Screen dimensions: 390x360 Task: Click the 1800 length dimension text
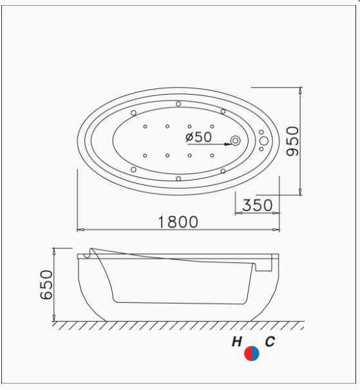[x=178, y=222]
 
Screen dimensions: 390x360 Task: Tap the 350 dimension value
[x=257, y=206]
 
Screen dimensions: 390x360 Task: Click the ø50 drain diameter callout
[x=198, y=137]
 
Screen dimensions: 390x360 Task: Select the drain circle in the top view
[x=236, y=141]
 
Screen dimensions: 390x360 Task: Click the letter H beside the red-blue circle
[x=237, y=342]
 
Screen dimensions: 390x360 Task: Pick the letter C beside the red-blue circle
[x=269, y=342]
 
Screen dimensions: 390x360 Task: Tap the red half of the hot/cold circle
[x=248, y=353]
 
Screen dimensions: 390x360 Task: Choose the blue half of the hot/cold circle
[x=256, y=353]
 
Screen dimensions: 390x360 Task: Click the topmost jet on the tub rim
[x=178, y=103]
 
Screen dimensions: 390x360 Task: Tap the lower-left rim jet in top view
[x=133, y=169]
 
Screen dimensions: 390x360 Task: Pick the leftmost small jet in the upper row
[x=146, y=126]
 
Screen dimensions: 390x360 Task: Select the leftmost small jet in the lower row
[x=146, y=155]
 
